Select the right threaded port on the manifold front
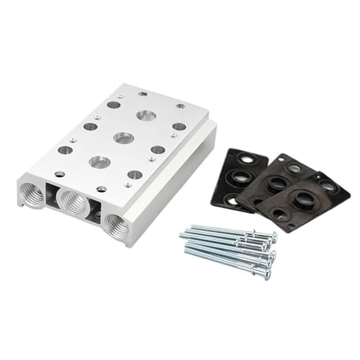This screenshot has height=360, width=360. (x=115, y=225)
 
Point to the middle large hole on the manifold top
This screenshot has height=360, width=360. (x=124, y=138)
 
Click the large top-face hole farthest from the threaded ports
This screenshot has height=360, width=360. (x=146, y=115)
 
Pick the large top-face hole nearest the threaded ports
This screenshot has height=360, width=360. (x=99, y=162)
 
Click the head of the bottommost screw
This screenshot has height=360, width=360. (x=268, y=274)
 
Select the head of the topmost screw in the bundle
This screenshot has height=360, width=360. (x=272, y=235)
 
